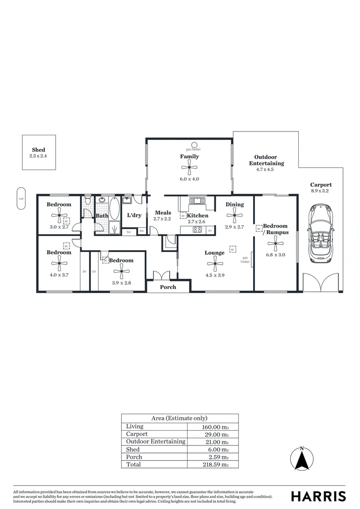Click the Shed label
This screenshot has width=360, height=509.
(39, 150)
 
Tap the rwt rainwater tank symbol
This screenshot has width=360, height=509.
(21, 198)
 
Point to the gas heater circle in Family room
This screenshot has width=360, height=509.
(194, 145)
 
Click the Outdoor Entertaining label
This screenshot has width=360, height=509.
(266, 160)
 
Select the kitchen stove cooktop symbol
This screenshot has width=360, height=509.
(197, 230)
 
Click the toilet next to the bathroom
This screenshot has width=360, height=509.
(87, 202)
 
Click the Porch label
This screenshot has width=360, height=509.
(168, 287)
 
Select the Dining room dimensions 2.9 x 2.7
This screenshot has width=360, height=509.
(234, 226)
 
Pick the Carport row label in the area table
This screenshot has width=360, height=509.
(137, 434)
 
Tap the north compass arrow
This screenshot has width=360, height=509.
(302, 459)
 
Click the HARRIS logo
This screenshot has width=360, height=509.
(318, 496)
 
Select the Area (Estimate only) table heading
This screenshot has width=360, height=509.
(180, 418)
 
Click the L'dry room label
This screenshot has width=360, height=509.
(134, 215)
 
